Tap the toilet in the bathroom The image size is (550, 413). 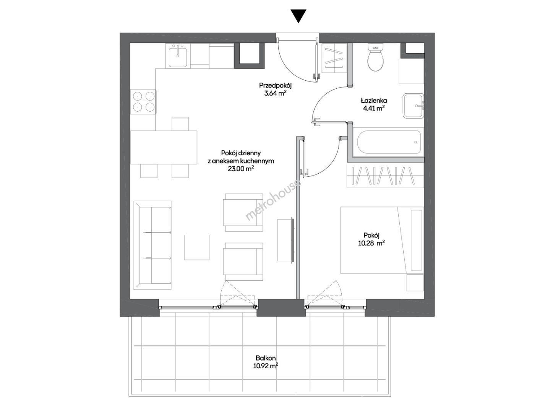375,57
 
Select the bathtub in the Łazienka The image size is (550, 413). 389,142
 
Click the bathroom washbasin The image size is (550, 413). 413,106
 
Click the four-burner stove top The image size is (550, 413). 143,102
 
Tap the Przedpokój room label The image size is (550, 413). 275,85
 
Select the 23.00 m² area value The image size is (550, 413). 241,169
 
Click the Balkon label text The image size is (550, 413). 266,358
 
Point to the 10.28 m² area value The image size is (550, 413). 372,243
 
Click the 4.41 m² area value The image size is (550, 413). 374,108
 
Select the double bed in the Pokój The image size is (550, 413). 382,240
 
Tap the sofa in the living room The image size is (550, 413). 153,245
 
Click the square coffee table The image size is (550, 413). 197,247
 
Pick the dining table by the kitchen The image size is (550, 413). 164,147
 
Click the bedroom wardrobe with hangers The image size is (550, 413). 385,176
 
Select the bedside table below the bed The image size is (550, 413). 415,283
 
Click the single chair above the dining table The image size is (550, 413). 180,124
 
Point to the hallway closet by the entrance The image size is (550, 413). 334,58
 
